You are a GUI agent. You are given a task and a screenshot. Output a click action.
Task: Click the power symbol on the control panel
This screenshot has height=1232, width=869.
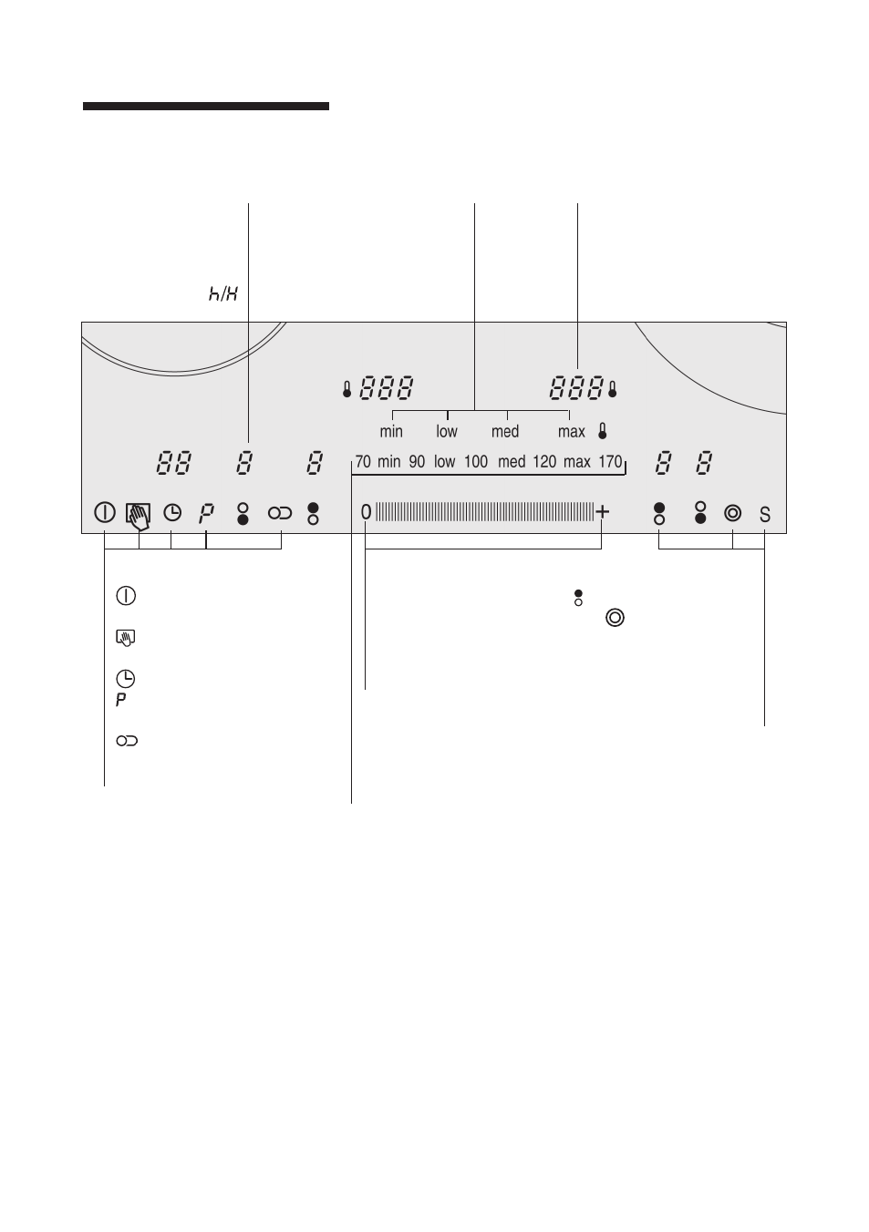tap(105, 513)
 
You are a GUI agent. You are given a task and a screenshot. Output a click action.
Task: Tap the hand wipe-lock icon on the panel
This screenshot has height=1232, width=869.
tap(138, 517)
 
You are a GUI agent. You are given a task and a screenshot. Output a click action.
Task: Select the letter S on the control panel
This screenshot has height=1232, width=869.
tap(764, 515)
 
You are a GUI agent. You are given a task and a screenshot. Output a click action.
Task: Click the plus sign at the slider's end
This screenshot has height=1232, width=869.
tap(602, 511)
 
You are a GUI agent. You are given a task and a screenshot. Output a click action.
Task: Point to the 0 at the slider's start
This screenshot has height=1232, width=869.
tap(366, 512)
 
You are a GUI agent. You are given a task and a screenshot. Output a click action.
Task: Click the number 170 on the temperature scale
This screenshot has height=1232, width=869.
tap(610, 461)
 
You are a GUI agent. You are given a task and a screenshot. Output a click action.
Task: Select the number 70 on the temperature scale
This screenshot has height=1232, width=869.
tap(363, 461)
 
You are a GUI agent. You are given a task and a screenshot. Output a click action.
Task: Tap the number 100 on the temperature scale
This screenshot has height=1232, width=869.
tap(475, 461)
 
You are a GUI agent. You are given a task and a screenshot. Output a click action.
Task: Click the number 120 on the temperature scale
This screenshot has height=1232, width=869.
tap(544, 461)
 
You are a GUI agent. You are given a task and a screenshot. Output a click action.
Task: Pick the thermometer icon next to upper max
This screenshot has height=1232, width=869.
tap(602, 431)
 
